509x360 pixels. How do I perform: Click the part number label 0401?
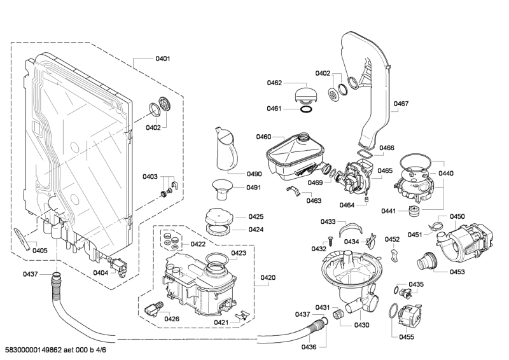tap(162, 59)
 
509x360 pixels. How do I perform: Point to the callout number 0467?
tap(401, 104)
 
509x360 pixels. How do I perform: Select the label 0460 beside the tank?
tap(263, 137)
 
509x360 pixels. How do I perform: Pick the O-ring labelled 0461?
tap(305, 109)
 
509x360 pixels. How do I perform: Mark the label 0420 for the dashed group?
tap(268, 277)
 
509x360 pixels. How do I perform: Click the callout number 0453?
tap(456, 272)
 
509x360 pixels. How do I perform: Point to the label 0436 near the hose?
tap(309, 347)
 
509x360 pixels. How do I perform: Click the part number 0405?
tap(40, 251)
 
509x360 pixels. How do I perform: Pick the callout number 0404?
tap(101, 272)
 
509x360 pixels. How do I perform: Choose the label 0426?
tap(172, 319)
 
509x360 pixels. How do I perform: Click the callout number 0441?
tap(388, 211)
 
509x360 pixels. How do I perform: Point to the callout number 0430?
tap(361, 325)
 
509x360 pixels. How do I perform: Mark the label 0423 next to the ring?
tap(239, 253)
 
